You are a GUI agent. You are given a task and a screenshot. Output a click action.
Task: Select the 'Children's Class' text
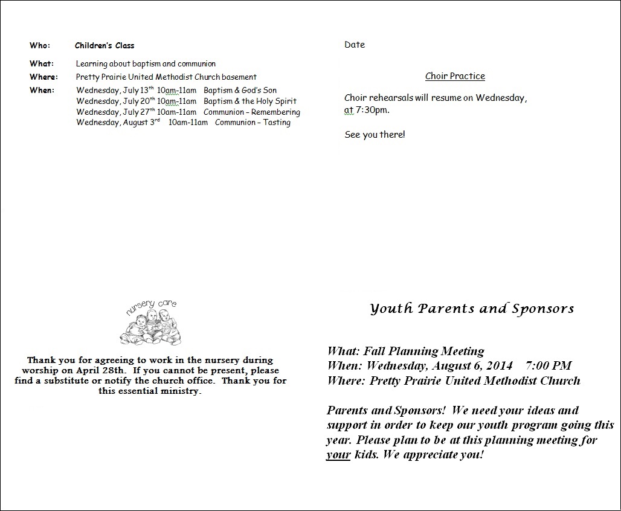click(105, 45)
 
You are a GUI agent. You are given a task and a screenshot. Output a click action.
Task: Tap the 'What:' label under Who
click(42, 63)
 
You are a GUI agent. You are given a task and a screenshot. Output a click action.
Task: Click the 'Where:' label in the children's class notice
click(43, 77)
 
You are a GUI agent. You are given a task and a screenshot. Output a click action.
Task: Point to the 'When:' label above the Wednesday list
click(42, 90)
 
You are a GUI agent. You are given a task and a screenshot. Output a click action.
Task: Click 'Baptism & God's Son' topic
click(240, 91)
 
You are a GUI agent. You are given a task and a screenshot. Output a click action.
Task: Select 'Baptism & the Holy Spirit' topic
click(250, 101)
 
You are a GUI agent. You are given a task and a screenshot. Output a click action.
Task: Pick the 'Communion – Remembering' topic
click(252, 112)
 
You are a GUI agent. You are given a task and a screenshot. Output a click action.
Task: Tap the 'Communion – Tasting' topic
click(253, 123)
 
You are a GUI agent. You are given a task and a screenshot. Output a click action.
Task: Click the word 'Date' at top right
click(355, 45)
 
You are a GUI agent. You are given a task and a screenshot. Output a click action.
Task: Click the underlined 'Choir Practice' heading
click(455, 76)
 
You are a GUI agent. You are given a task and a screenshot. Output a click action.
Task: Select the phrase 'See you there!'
click(375, 135)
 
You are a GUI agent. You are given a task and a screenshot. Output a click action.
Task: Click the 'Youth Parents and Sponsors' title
click(472, 309)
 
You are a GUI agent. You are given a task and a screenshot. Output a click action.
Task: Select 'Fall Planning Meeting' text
click(424, 351)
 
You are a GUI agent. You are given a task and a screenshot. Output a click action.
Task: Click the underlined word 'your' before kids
click(338, 455)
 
